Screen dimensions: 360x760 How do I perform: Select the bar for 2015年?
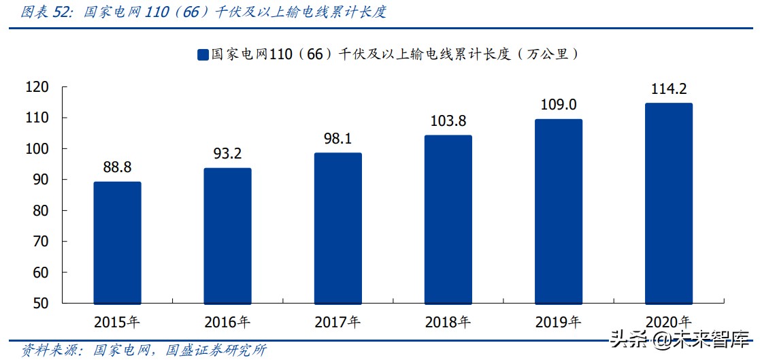(x=117, y=242)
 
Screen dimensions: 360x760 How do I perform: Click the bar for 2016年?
(x=227, y=235)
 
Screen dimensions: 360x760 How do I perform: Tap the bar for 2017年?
(x=337, y=228)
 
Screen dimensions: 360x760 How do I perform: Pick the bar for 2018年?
(x=448, y=219)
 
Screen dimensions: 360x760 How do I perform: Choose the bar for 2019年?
(x=558, y=211)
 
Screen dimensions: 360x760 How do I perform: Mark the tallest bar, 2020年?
(x=668, y=203)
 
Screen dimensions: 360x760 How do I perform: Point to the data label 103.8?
(x=448, y=121)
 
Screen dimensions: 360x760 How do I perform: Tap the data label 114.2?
(x=668, y=89)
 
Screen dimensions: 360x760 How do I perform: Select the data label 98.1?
(x=337, y=139)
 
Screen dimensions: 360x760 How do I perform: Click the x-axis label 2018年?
(x=448, y=321)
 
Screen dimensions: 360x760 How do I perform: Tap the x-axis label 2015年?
(x=117, y=321)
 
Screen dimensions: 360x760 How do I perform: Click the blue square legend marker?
(x=202, y=55)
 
